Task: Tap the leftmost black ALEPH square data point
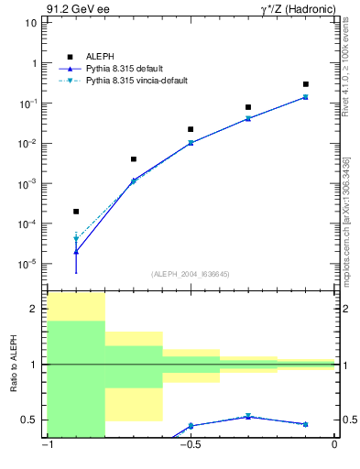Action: [x=76, y=212]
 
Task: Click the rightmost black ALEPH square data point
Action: [x=306, y=84]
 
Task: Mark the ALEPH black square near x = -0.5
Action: [x=191, y=129]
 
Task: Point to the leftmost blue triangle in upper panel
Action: [x=76, y=251]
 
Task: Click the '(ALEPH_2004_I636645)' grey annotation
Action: [x=191, y=273]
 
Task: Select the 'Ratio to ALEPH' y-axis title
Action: [x=14, y=364]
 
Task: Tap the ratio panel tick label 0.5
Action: [x=30, y=420]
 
